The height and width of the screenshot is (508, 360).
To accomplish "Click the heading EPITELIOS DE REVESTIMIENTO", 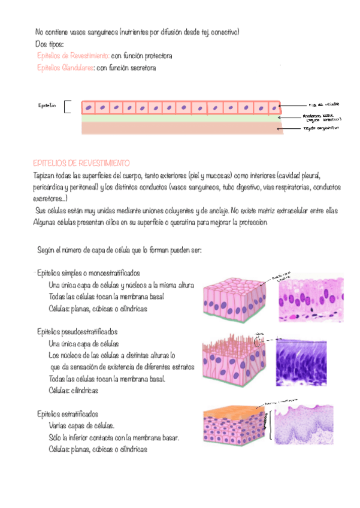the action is pos(81,163).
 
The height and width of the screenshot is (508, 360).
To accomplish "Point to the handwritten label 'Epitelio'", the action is pos(47,106).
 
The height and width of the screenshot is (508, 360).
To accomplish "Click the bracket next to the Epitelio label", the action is pos(66,107).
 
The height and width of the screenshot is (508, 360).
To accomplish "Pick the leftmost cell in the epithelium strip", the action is pos(89,108).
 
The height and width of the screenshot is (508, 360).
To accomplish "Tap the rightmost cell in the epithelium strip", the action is pos(274,108).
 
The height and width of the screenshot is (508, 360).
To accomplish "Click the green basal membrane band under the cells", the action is pos(180,119).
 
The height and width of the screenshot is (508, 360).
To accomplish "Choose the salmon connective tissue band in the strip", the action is pos(180,128).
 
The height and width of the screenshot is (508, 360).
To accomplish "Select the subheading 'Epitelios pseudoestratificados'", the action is pos(77,331).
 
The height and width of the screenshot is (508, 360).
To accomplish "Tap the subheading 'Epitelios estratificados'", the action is pos(68,413).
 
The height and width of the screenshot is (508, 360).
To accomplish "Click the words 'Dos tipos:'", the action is pos(53,44).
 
